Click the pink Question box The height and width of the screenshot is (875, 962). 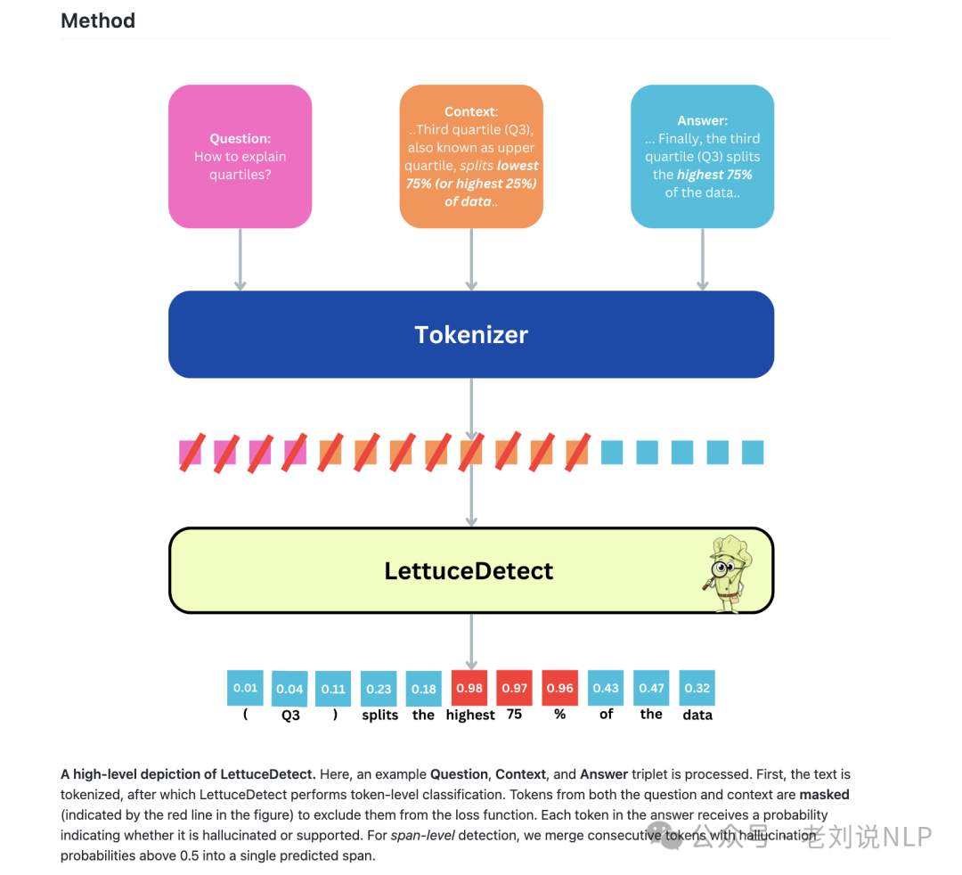click(x=240, y=156)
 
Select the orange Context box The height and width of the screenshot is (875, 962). click(x=471, y=156)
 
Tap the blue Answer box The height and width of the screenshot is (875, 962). click(x=702, y=156)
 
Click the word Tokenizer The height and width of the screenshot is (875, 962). click(x=471, y=335)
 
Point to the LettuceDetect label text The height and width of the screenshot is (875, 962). click(x=469, y=570)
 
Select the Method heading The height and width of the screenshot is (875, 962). click(x=98, y=20)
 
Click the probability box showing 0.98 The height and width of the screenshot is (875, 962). click(x=469, y=688)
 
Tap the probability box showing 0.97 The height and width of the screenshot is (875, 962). click(x=514, y=688)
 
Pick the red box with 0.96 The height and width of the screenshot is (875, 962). click(x=559, y=688)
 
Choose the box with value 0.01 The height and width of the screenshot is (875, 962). click(x=245, y=688)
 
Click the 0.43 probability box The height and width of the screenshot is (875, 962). click(x=606, y=688)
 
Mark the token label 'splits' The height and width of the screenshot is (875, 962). click(x=379, y=715)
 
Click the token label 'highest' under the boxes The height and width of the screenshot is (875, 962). click(x=470, y=715)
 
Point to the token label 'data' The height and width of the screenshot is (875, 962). click(x=697, y=715)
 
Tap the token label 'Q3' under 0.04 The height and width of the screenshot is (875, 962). click(x=290, y=715)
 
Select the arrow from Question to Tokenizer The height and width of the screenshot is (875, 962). click(x=240, y=258)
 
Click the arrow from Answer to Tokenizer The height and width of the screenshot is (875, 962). click(x=702, y=258)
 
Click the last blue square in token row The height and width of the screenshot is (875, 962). click(x=753, y=453)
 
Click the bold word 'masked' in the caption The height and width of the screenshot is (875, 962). click(x=824, y=794)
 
